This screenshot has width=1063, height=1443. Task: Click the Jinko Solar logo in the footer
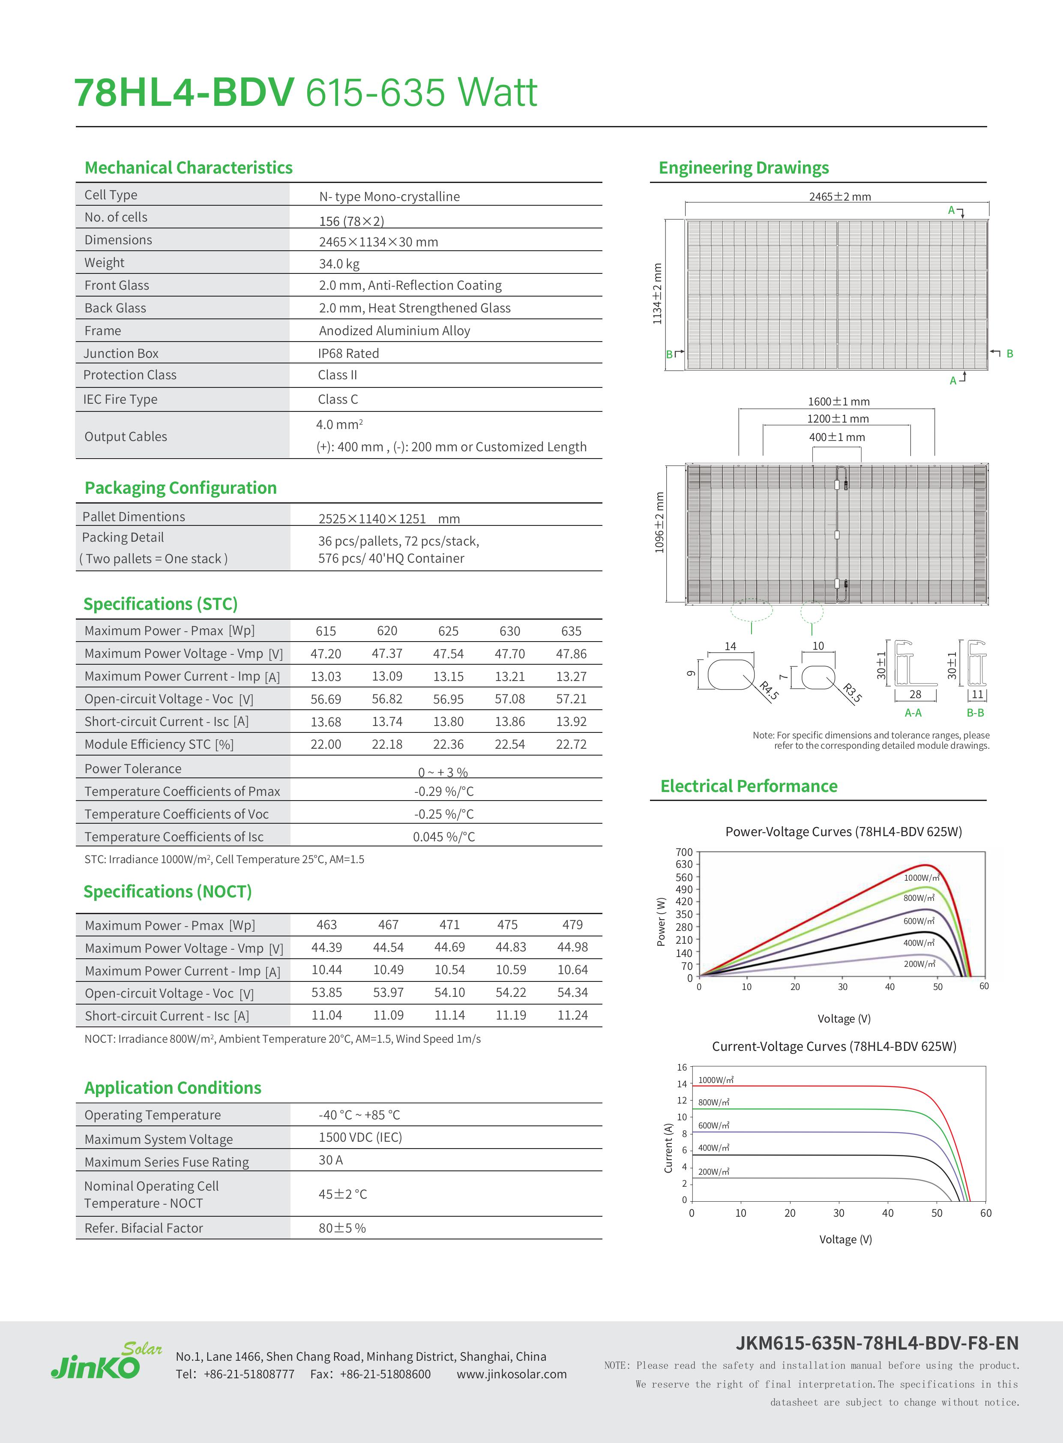(106, 1359)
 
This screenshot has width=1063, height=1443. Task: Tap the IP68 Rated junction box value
(348, 353)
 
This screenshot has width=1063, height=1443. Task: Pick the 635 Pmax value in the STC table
(571, 631)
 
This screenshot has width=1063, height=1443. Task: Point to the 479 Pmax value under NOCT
(572, 925)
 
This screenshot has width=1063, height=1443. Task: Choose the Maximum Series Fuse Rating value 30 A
(331, 1160)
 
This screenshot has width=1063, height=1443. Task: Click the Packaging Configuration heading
(180, 488)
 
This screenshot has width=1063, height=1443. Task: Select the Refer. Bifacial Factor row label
(144, 1228)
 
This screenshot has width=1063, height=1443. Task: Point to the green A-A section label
(913, 712)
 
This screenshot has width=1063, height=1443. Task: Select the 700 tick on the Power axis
(684, 852)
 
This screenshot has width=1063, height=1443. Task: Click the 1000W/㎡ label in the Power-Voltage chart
(921, 878)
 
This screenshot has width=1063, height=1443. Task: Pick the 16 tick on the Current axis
(682, 1067)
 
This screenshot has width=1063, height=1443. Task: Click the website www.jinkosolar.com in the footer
(512, 1374)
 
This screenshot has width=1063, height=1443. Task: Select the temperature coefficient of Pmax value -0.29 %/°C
(444, 792)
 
